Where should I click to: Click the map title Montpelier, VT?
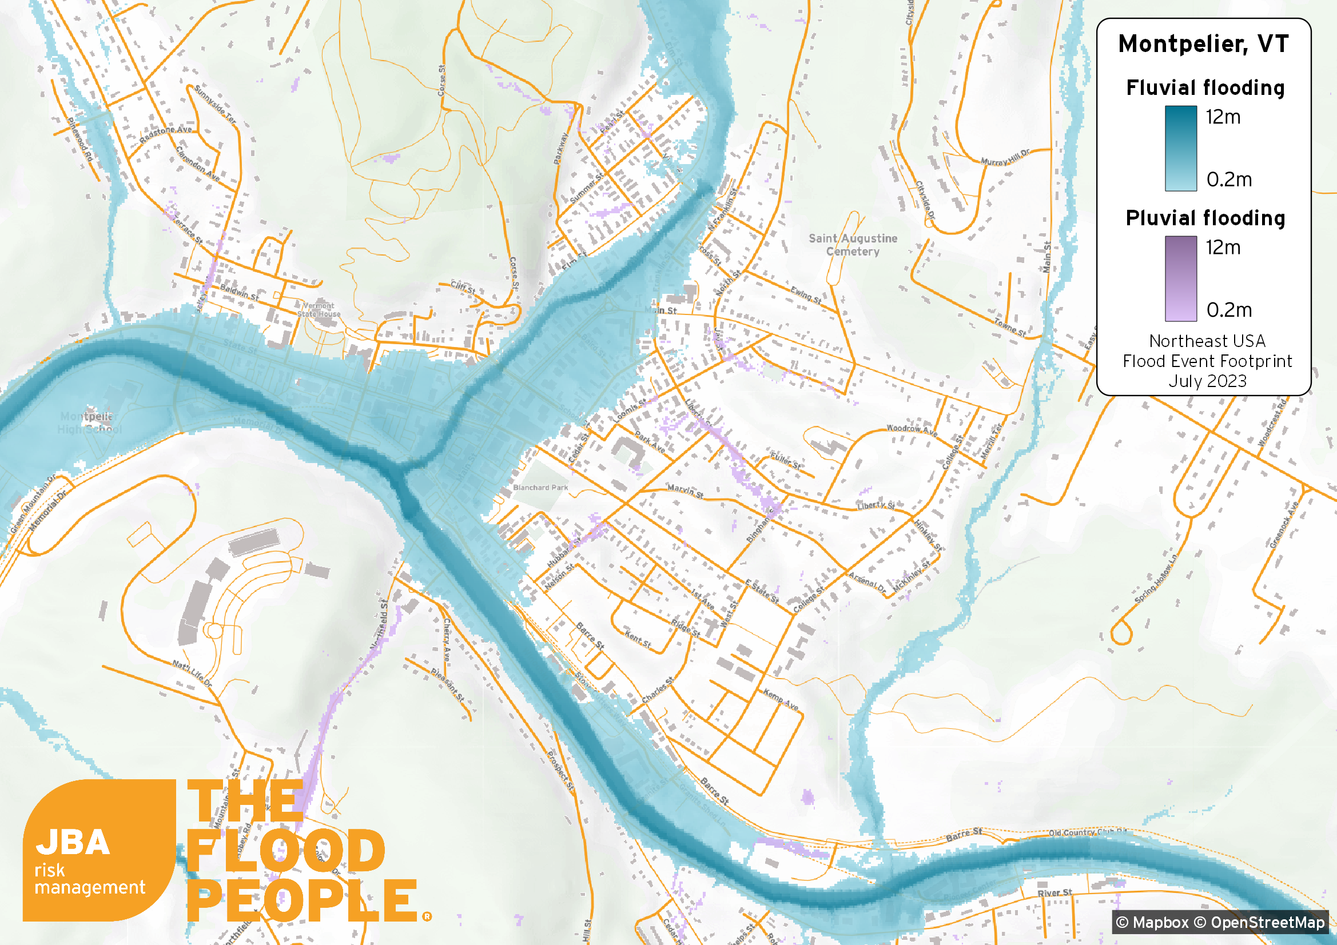pos(1203,44)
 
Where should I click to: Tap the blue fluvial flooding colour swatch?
pos(1180,148)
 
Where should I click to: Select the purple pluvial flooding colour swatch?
pos(1180,278)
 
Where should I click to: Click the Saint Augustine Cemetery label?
pos(853,245)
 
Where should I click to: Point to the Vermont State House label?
pos(319,309)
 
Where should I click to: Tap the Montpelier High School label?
pos(89,422)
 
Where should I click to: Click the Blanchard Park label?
pos(540,487)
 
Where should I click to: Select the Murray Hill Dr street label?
pos(1005,157)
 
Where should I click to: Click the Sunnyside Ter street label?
pos(215,104)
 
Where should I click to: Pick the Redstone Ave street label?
pos(165,134)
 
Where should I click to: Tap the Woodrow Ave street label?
pos(912,431)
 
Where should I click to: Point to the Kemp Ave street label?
pos(781,699)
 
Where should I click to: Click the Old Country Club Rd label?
pos(1087,832)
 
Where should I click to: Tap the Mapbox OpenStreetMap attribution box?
pos(1220,922)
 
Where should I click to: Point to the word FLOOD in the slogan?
pos(285,851)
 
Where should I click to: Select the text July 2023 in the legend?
pos(1207,381)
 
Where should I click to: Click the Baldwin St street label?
pos(239,292)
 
